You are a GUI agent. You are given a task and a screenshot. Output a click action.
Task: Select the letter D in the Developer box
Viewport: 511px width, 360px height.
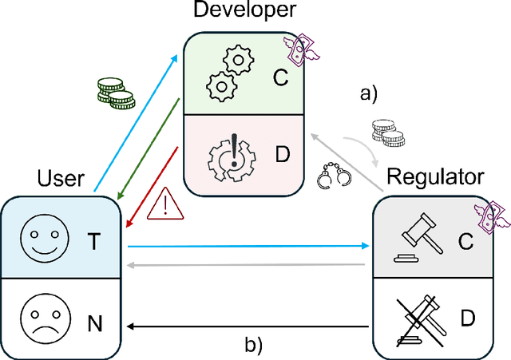(x=282, y=152)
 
